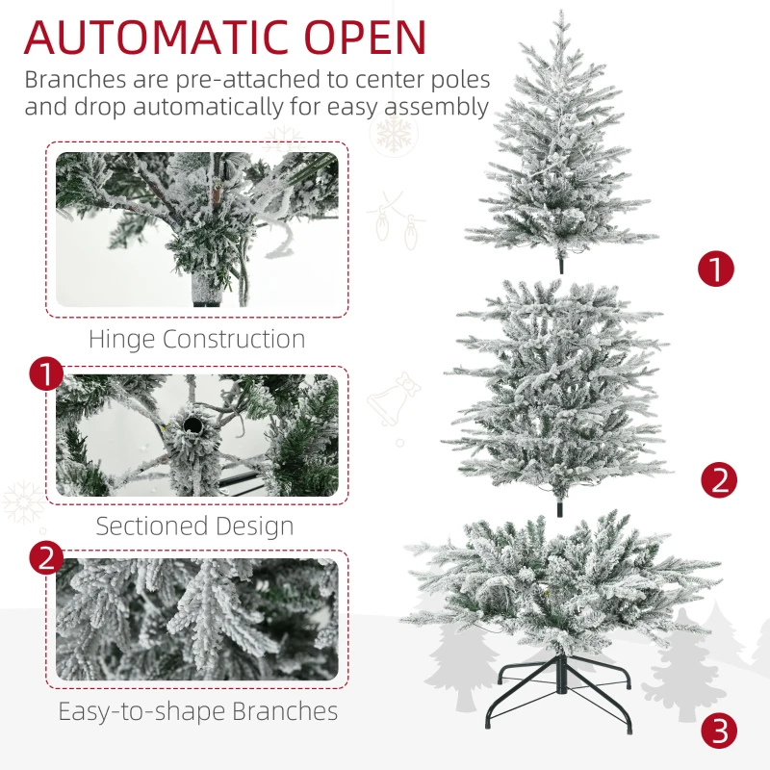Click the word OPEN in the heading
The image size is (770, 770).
coord(369,37)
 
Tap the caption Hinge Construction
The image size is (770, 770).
coord(196,339)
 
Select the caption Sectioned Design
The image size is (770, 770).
coord(194,526)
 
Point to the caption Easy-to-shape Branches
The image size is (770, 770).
coord(197,711)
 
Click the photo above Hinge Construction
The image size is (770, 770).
coord(196,229)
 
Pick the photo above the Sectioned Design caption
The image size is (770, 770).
coord(196,435)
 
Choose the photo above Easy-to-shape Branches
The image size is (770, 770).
coord(196,619)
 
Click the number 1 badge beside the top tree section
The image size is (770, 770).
coord(715,269)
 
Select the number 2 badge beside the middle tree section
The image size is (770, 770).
coord(719,478)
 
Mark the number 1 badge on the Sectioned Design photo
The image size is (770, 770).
coord(47,374)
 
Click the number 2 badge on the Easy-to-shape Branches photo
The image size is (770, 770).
coord(47,559)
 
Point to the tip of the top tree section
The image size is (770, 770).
coord(559,13)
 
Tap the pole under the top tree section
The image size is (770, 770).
coord(560,263)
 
